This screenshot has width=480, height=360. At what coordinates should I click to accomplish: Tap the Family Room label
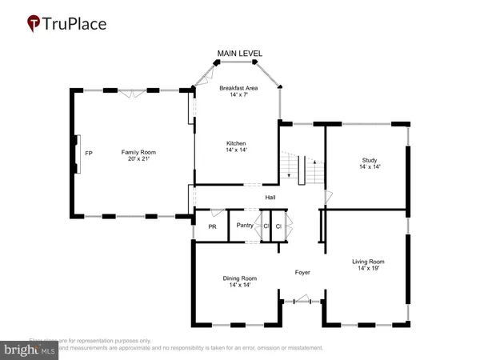pyautogui.click(x=138, y=151)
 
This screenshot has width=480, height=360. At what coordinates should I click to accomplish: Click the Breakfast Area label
pyautogui.click(x=237, y=88)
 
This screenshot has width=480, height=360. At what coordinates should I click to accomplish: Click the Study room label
pyautogui.click(x=369, y=160)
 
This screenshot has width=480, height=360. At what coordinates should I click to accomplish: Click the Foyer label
pyautogui.click(x=302, y=273)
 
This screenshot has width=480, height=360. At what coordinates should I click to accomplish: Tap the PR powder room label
pyautogui.click(x=212, y=226)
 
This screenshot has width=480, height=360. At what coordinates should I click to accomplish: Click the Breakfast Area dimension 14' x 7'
pyautogui.click(x=237, y=95)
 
